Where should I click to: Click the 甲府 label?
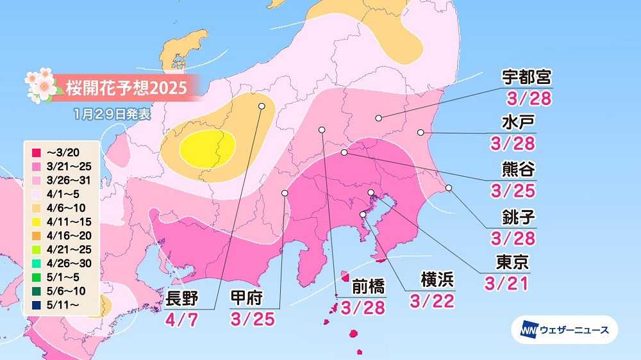click(x=247, y=297)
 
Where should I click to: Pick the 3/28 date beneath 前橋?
click(x=363, y=307)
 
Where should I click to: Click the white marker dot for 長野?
click(x=262, y=106)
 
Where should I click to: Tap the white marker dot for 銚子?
click(x=449, y=188)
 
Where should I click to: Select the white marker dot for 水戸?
click(x=420, y=133)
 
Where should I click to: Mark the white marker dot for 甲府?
click(x=285, y=192)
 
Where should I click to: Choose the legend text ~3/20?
click(x=63, y=152)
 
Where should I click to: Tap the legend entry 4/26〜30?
click(x=63, y=264)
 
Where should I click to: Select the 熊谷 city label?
click(x=518, y=169)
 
